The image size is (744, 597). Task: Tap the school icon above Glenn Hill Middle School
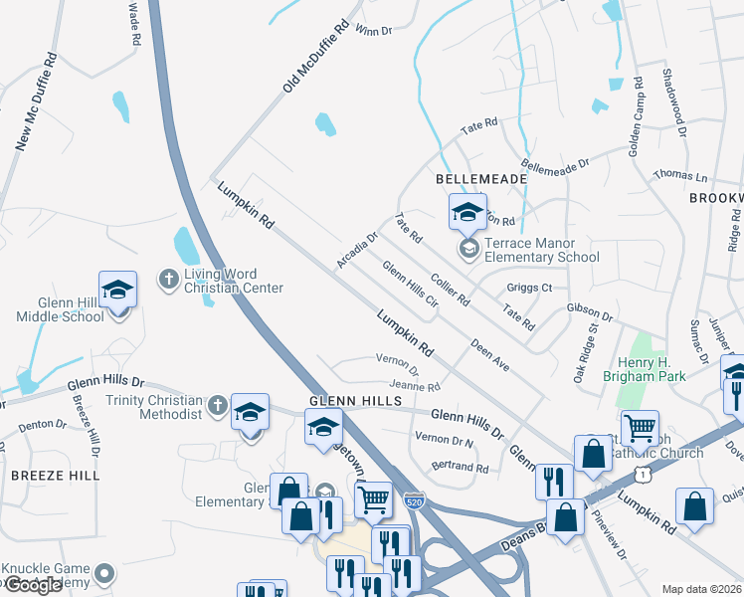[117, 291]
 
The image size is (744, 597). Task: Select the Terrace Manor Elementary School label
[541, 257]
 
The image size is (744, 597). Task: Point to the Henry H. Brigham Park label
[644, 369]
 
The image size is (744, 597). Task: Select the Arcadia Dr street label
[357, 251]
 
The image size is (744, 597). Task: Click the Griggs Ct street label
[529, 289]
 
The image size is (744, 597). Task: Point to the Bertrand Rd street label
[460, 467]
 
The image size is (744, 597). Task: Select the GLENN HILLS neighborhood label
[355, 400]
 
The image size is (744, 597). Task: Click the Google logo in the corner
[33, 585]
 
